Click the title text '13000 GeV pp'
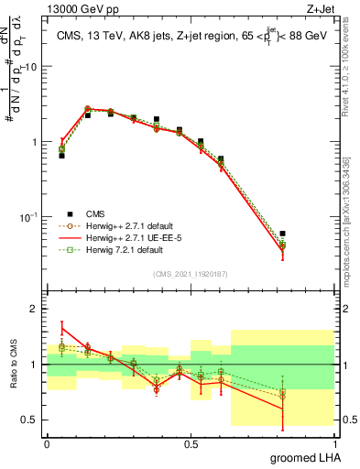(74, 9)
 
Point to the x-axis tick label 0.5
(191, 442)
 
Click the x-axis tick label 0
(47, 442)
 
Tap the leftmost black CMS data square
(61, 156)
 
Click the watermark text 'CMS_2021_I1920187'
(191, 274)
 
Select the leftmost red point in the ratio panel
(61, 326)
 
